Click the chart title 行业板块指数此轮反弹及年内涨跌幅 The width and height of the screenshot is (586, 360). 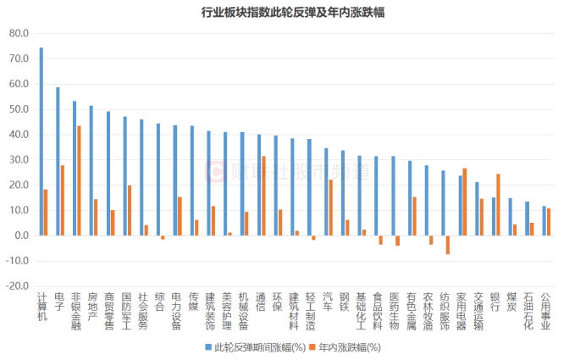pyautogui.click(x=293, y=13)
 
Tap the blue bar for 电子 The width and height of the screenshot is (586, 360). pyautogui.click(x=58, y=161)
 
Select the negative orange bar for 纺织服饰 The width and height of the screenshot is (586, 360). pyautogui.click(x=448, y=245)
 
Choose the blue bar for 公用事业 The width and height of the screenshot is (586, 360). pyautogui.click(x=544, y=220)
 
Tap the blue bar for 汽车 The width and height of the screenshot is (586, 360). pyautogui.click(x=325, y=191)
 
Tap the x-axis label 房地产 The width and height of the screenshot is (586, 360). pyautogui.click(x=91, y=304)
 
